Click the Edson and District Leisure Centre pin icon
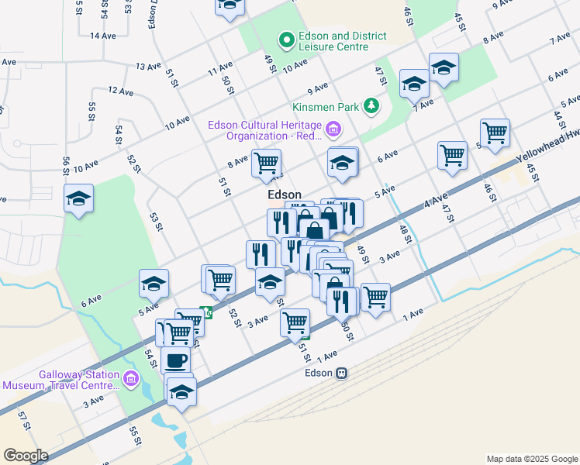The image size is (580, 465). [286, 38]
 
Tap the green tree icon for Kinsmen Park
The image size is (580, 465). [372, 105]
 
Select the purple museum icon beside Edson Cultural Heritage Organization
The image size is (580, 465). [334, 129]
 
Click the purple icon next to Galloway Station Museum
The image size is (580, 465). [130, 378]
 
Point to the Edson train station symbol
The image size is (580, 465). [340, 373]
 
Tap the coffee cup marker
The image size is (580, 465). [175, 360]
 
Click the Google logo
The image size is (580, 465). [26, 456]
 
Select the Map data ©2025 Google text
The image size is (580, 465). [531, 459]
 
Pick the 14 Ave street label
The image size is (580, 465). [102, 36]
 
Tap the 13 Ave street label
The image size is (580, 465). [147, 67]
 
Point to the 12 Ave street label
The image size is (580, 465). [121, 91]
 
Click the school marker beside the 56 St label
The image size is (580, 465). [79, 199]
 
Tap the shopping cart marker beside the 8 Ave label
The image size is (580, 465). [267, 163]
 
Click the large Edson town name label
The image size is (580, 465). [284, 195]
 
